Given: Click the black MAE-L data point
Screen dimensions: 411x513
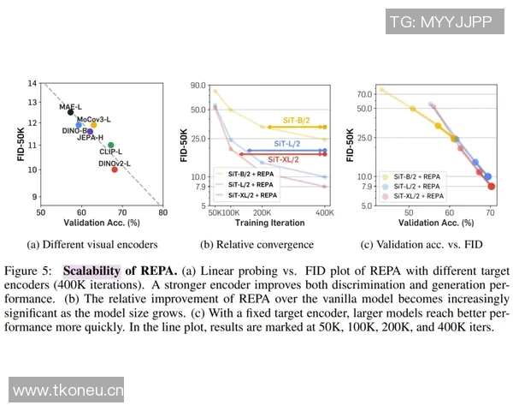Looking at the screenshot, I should click(x=71, y=112).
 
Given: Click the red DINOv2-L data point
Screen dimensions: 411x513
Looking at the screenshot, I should click(x=115, y=170).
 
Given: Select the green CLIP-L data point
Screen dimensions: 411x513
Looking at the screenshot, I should click(x=110, y=146).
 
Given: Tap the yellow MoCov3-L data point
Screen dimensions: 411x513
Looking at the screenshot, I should click(x=94, y=125).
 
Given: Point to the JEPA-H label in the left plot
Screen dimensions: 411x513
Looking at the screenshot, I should click(x=90, y=138).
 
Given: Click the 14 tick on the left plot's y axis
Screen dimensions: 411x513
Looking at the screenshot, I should click(x=32, y=83).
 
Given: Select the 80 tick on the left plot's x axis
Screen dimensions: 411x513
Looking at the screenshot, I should click(x=162, y=211).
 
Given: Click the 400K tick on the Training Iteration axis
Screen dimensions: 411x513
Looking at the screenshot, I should click(x=325, y=211).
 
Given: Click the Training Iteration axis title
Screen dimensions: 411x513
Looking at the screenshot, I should click(x=269, y=223).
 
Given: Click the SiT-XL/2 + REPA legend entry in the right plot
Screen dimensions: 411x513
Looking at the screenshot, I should click(x=416, y=195).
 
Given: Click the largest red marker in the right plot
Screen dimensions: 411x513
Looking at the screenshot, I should click(x=491, y=186).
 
